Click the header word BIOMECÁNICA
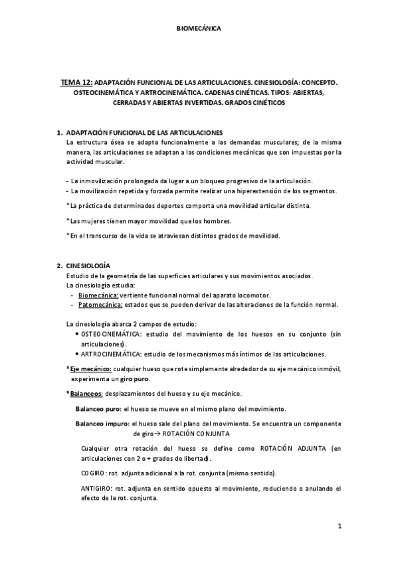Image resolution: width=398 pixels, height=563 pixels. pyautogui.click(x=199, y=29)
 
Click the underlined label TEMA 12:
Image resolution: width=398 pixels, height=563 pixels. pyautogui.click(x=76, y=83)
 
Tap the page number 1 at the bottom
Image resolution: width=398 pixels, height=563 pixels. pyautogui.click(x=339, y=527)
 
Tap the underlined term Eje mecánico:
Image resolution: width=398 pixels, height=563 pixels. pyautogui.click(x=92, y=368)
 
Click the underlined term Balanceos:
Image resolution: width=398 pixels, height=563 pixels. pyautogui.click(x=88, y=394)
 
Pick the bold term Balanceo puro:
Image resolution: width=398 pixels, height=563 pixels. pyautogui.click(x=98, y=409)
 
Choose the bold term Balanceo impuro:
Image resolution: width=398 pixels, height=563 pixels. pyautogui.click(x=102, y=424)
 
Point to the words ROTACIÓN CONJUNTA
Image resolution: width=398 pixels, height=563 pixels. pyautogui.click(x=196, y=434)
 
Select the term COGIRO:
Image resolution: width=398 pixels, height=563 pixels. pyautogui.click(x=94, y=473)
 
